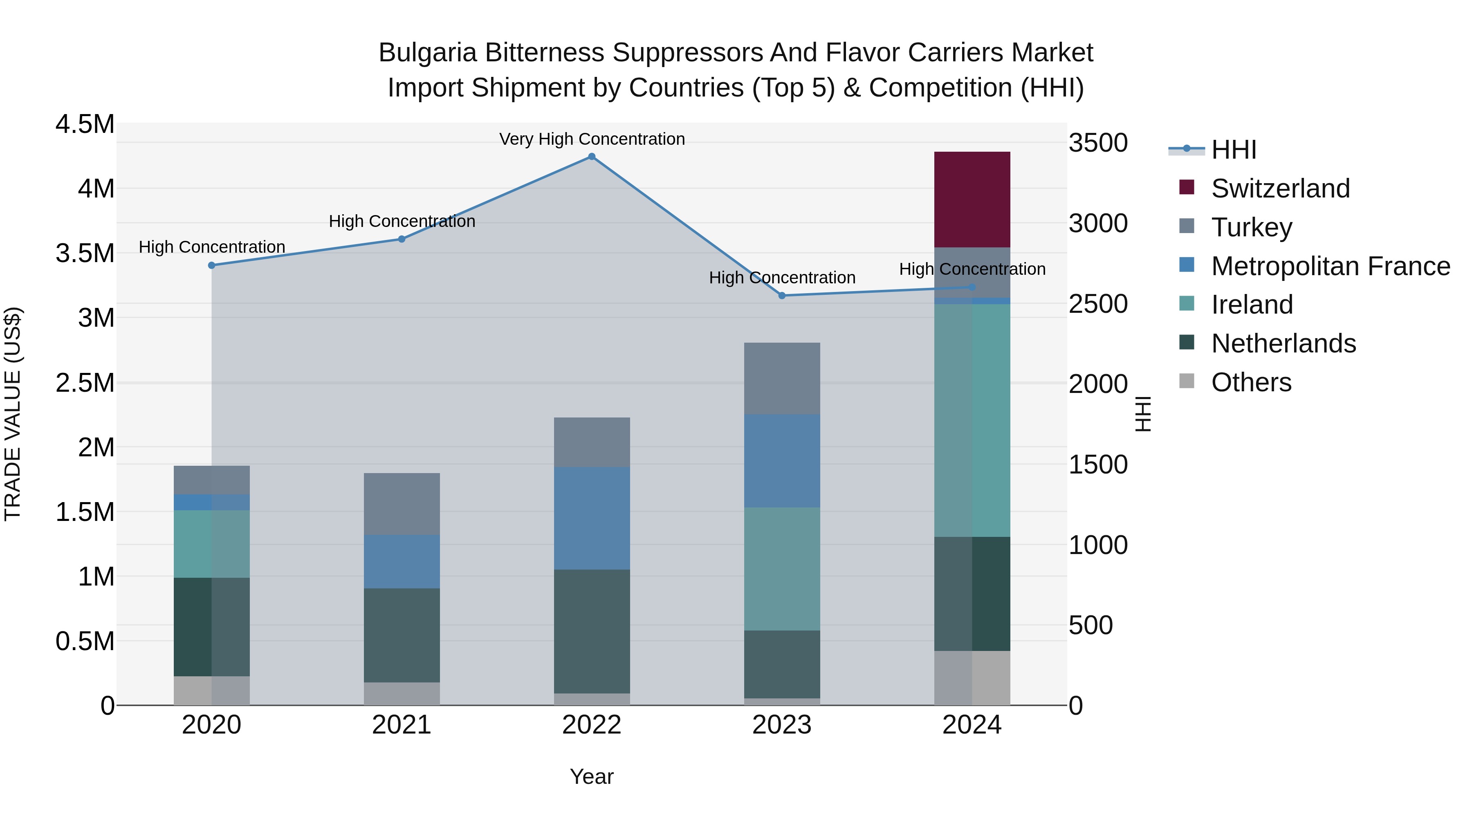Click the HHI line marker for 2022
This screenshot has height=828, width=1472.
tap(592, 157)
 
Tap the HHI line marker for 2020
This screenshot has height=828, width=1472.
tap(211, 265)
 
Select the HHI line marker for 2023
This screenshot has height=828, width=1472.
tap(782, 296)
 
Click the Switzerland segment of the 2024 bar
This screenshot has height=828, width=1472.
tap(972, 200)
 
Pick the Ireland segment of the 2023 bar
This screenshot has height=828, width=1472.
tap(782, 569)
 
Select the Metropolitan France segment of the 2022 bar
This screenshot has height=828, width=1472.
tap(592, 518)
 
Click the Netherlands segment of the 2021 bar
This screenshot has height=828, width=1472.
tap(402, 635)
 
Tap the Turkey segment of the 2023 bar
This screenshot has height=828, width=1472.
tap(782, 378)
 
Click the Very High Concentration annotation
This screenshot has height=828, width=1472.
tap(592, 139)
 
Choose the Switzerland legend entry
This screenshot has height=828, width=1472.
tap(1280, 188)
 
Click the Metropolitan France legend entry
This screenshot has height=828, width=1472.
tap(1330, 266)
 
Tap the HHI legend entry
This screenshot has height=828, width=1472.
tap(1233, 150)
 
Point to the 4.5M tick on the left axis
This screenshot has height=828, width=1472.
tap(85, 124)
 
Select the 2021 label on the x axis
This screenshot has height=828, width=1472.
tap(402, 725)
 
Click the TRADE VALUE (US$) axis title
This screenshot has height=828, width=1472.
tap(13, 414)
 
